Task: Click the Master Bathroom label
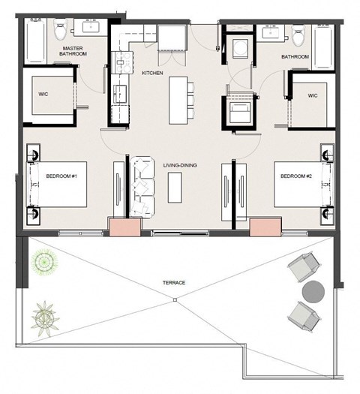click(73, 51)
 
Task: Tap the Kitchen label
click(152, 73)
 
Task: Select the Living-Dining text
click(180, 165)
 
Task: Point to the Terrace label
click(174, 283)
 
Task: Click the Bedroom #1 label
click(61, 176)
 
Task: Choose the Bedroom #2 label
click(296, 176)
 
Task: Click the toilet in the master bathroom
click(61, 29)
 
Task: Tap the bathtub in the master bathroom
click(36, 41)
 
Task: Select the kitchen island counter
click(178, 101)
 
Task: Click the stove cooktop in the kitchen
click(122, 62)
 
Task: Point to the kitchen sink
click(120, 94)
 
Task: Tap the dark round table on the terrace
click(313, 292)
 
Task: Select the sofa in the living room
click(142, 187)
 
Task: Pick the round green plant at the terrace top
click(44, 262)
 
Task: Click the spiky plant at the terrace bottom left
click(45, 319)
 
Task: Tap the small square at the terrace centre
click(175, 299)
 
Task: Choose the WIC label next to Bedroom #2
click(313, 96)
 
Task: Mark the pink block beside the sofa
click(124, 227)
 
